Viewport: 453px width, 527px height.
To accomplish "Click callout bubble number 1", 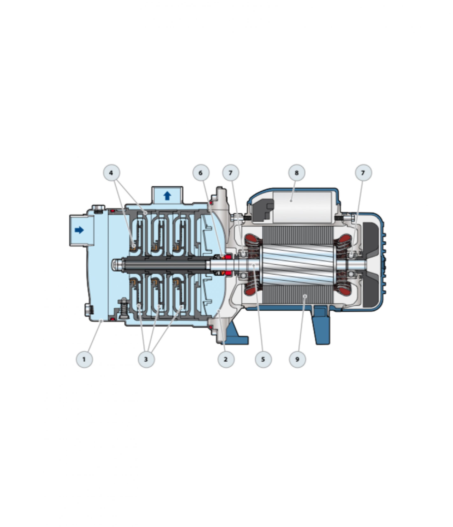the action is click(x=84, y=359).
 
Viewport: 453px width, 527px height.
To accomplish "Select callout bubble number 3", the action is click(x=146, y=359).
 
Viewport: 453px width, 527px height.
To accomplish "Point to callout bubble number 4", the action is click(x=111, y=173).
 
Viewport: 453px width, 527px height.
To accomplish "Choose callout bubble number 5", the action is click(x=263, y=359).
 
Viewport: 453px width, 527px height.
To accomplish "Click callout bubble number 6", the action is click(x=201, y=173).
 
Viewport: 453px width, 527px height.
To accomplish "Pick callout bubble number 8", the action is click(x=296, y=173).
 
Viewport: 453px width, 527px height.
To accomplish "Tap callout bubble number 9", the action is click(x=297, y=359).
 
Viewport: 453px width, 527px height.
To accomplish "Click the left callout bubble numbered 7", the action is click(x=231, y=173).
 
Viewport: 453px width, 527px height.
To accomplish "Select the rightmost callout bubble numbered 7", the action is click(x=363, y=173).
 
